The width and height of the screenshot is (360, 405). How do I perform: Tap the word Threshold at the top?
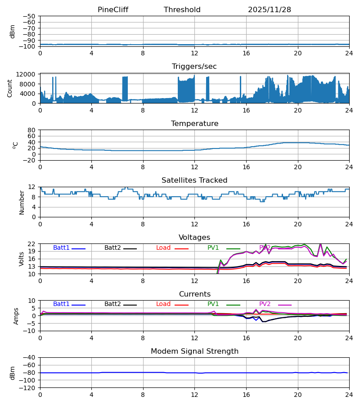point(182,10)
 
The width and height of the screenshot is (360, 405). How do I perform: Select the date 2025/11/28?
point(269,10)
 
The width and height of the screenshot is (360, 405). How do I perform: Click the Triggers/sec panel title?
point(194,67)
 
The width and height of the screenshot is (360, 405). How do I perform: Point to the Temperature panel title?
point(194,124)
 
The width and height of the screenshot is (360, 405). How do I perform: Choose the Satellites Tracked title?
point(194,180)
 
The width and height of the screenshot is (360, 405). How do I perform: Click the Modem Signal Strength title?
point(194,351)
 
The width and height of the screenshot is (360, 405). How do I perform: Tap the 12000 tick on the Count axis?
point(28,74)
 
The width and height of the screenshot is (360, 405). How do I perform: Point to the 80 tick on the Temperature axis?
point(31,130)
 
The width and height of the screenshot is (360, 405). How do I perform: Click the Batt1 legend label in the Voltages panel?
point(61,248)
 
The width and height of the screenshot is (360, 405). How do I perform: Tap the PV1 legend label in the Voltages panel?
point(213,248)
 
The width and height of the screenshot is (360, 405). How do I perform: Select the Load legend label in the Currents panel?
point(163,304)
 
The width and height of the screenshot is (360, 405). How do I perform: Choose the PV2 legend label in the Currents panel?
point(265,304)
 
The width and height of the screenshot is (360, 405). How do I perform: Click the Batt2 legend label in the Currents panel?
point(112,304)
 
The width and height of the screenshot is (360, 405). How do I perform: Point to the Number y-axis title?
point(22,202)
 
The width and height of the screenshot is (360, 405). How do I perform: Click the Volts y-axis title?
point(22,259)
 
